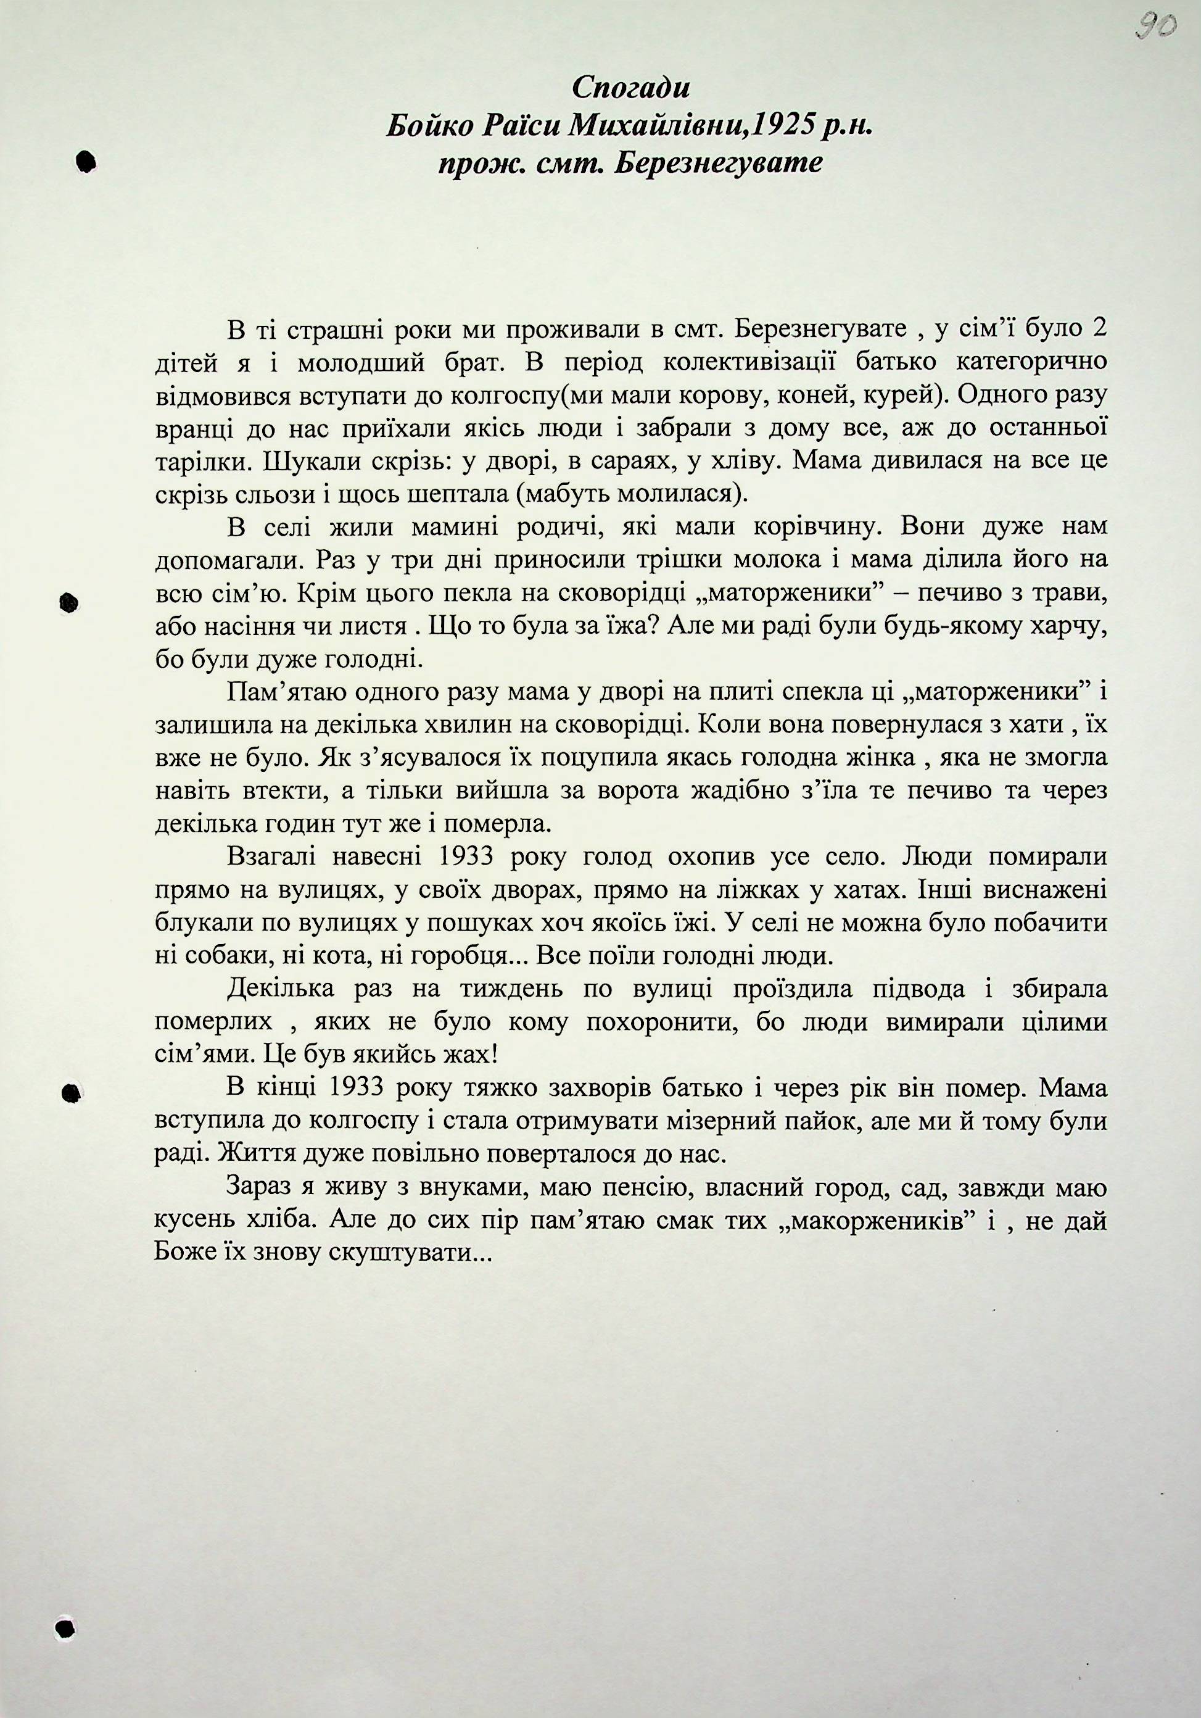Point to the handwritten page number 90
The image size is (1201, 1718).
click(1155, 28)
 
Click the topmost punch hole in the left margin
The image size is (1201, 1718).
click(87, 162)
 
